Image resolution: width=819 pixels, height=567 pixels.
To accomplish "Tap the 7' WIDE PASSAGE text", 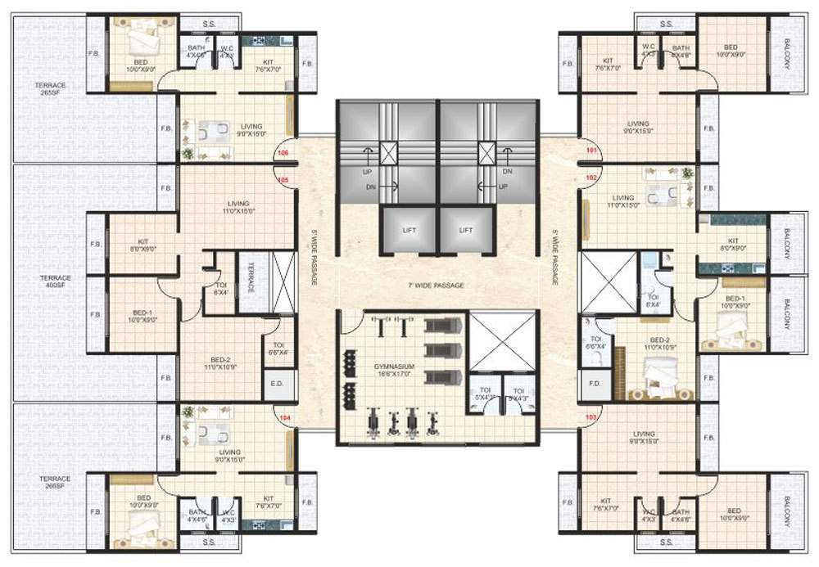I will (x=437, y=286).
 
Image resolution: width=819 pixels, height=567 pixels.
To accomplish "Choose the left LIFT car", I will (x=408, y=231).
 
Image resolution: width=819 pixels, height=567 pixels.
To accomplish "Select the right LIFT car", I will (x=466, y=231).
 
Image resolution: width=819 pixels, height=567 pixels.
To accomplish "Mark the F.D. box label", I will (x=595, y=384).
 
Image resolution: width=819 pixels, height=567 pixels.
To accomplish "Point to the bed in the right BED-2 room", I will (x=662, y=376).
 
